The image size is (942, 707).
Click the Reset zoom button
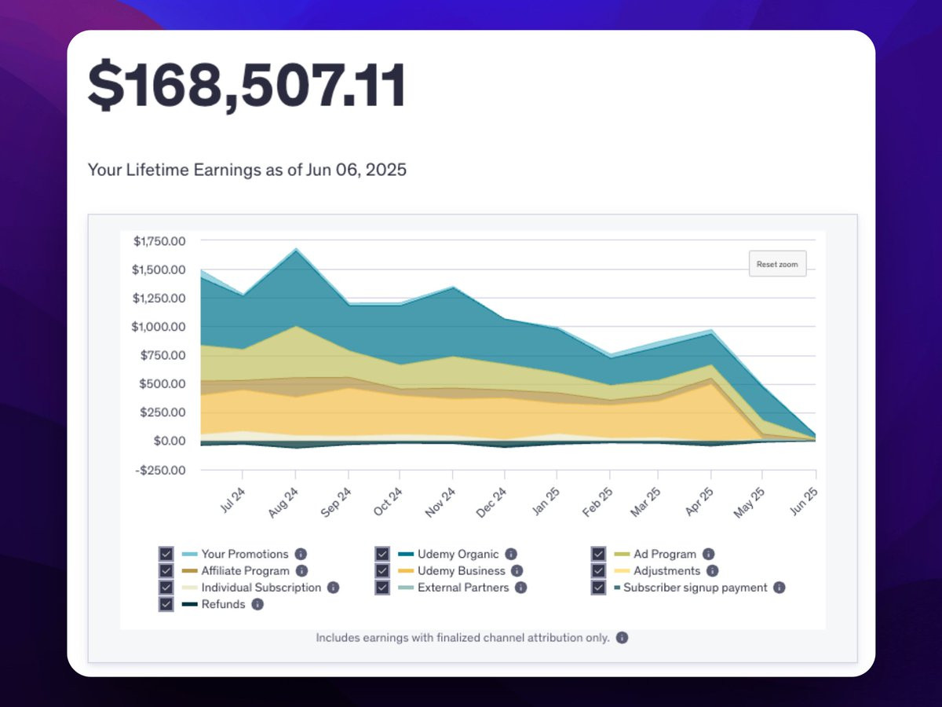point(777,264)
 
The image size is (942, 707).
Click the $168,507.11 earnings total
point(246,85)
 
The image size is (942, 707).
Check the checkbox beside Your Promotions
point(166,554)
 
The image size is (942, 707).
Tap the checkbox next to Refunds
point(166,604)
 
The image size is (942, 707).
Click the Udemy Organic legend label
point(458,554)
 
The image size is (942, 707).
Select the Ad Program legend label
point(664,554)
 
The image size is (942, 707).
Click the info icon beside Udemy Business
point(517,571)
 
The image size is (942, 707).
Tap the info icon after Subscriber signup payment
point(779,588)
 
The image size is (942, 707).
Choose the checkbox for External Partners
point(382,588)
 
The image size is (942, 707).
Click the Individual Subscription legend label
point(261,588)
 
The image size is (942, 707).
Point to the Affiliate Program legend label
point(245,571)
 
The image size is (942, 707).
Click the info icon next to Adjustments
point(712,571)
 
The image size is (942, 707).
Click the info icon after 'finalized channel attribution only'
point(622,638)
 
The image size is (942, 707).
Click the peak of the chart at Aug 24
point(295,249)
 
